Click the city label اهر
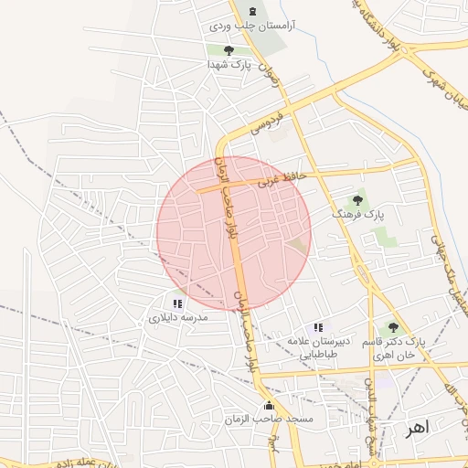[x=417, y=427]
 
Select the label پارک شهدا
[x=229, y=65]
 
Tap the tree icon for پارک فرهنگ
[x=357, y=200]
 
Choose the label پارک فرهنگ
[x=356, y=215]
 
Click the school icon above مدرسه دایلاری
[x=177, y=303]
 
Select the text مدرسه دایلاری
[x=179, y=317]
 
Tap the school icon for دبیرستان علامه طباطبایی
[x=317, y=326]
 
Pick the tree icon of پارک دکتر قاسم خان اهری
[x=393, y=326]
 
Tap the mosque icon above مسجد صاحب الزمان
[x=268, y=405]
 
